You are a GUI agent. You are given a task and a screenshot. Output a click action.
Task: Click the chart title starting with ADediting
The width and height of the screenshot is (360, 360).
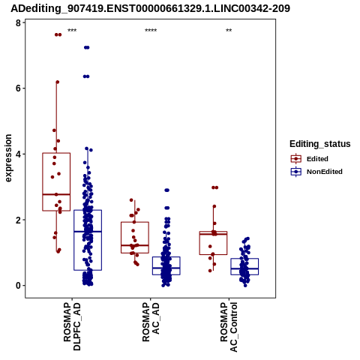click(150, 8)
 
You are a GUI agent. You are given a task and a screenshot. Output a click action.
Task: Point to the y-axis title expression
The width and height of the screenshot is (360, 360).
click(8, 158)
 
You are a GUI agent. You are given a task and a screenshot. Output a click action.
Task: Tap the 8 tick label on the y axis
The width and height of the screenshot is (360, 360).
click(18, 22)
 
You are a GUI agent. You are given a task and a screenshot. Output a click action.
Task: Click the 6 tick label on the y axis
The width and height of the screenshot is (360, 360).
click(18, 88)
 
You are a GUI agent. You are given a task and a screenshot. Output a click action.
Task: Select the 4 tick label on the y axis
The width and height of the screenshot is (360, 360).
click(18, 154)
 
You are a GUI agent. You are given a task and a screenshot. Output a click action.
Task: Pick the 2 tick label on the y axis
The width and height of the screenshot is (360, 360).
click(18, 220)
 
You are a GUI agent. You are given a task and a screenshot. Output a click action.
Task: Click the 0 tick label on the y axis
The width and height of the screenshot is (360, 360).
click(18, 286)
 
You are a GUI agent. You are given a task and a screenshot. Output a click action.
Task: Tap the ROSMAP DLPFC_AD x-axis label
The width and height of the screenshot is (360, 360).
click(72, 326)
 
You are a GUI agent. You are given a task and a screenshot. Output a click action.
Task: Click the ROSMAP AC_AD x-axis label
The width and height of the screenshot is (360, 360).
click(151, 322)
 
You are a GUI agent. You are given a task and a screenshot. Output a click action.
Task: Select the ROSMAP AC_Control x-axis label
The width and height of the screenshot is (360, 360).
click(229, 327)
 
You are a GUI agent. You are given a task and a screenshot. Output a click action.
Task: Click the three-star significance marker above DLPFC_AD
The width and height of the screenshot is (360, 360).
click(72, 31)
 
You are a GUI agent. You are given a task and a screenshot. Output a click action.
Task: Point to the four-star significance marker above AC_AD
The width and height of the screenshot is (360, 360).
click(151, 31)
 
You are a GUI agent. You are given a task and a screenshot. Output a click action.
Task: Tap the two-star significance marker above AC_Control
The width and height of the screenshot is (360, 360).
click(229, 31)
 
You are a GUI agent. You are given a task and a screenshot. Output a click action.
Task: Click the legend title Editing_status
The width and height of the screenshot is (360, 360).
click(320, 144)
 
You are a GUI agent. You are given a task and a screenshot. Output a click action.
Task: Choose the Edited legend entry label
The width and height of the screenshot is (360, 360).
click(317, 159)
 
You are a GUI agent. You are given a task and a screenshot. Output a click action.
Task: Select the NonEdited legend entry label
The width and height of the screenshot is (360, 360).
click(325, 172)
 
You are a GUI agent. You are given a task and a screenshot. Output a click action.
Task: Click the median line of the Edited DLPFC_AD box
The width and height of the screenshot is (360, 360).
click(56, 194)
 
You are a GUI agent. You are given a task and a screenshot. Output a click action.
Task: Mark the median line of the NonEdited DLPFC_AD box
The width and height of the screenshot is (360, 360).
click(88, 232)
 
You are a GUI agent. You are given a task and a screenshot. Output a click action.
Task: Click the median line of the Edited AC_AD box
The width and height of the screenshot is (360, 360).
click(135, 245)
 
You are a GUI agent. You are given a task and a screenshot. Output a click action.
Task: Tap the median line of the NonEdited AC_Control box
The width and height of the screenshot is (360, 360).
click(244, 268)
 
